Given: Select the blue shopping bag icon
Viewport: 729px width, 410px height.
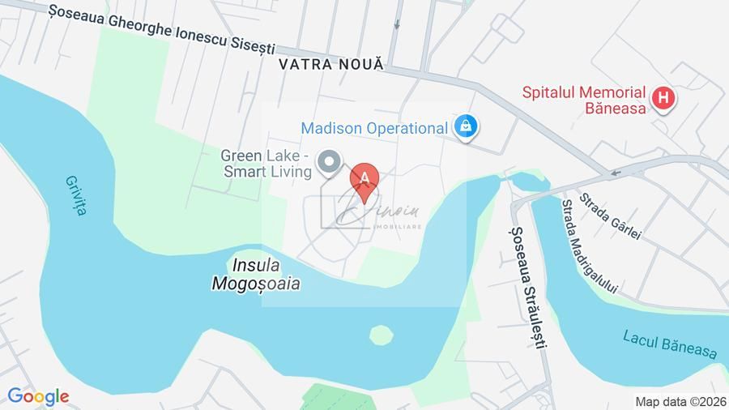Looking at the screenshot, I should point(466,126).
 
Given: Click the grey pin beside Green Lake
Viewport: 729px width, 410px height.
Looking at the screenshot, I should point(328,161).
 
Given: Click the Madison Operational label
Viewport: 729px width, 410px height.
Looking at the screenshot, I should point(373,128).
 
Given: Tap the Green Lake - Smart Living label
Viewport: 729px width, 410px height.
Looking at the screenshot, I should point(266,163).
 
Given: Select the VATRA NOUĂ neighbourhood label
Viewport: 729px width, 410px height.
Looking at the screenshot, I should point(330,63).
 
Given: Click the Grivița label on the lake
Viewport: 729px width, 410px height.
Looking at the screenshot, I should point(74,194).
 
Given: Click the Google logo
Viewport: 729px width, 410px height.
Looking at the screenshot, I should point(37,396).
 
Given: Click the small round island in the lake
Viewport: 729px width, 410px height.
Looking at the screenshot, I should point(380,334).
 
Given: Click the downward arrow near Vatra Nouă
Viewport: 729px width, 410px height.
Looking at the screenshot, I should point(396,25).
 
